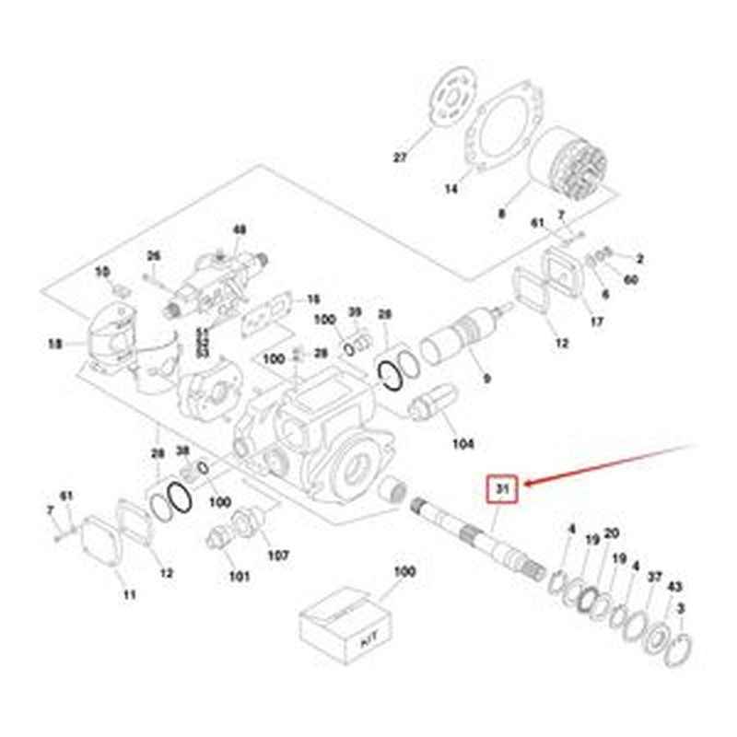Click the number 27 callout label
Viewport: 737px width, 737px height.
click(399, 158)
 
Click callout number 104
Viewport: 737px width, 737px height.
click(462, 444)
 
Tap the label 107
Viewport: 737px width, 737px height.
click(277, 556)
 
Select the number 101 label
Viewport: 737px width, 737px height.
click(240, 577)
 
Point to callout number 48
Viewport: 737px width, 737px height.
click(240, 229)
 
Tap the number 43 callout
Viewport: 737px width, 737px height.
click(674, 587)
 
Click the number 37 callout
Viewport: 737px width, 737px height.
click(655, 578)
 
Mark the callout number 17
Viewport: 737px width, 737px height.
click(597, 322)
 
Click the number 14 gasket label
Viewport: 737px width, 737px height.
click(450, 190)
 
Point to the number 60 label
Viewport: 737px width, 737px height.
click(630, 279)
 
